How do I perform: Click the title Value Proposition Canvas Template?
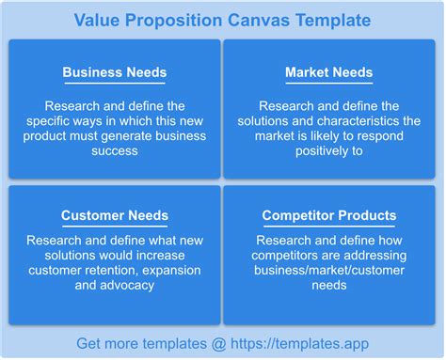click(x=222, y=20)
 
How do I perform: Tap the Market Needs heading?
click(x=328, y=72)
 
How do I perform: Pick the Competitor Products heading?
click(x=328, y=216)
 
